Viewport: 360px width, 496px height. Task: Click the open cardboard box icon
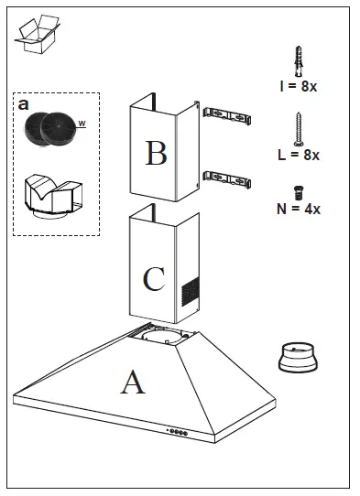38,34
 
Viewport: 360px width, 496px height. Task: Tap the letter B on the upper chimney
156,153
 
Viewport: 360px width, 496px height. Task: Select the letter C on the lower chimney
154,279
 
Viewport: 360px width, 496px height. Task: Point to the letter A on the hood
133,383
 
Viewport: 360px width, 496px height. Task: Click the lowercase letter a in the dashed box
24,104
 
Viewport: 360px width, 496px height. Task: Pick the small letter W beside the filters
82,124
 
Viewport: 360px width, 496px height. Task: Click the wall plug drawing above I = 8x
299,61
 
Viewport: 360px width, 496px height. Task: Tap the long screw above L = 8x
299,129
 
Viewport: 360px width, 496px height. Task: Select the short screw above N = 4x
299,193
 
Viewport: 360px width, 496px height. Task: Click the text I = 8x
299,86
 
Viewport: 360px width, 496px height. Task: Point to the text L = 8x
299,155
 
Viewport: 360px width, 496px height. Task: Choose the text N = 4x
299,209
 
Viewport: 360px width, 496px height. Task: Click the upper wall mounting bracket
227,116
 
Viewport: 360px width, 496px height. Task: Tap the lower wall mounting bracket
227,179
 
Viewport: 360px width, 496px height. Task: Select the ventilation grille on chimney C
191,291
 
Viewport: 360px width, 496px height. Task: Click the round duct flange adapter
298,357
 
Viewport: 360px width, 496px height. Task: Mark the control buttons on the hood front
178,432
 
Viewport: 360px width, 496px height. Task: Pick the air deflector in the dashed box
53,196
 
